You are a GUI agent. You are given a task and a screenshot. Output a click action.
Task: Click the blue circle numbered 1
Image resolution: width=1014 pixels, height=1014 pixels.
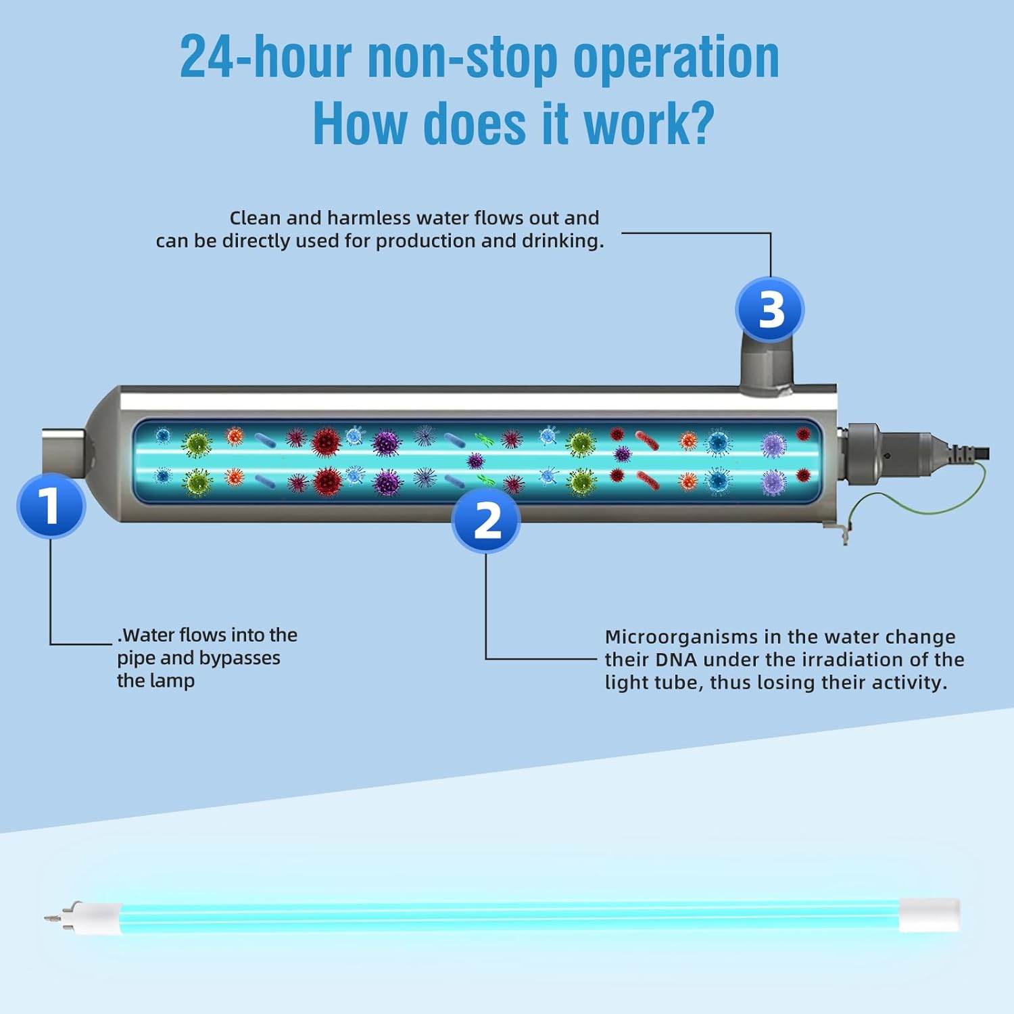[x=51, y=506]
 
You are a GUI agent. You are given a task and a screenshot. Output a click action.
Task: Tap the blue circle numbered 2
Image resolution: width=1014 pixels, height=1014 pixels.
[x=486, y=520]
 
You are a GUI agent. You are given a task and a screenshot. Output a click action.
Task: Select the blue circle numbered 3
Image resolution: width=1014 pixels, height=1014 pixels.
[x=770, y=310]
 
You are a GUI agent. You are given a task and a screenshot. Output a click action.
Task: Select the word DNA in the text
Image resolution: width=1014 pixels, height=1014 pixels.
[x=677, y=659]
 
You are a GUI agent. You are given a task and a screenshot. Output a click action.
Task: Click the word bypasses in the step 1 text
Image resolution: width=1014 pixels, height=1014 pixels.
[x=239, y=658]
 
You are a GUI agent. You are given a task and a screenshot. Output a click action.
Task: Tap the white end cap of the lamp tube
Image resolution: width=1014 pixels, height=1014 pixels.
[x=940, y=915]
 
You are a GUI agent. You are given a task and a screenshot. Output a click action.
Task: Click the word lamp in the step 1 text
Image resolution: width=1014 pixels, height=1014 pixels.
[x=174, y=681]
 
